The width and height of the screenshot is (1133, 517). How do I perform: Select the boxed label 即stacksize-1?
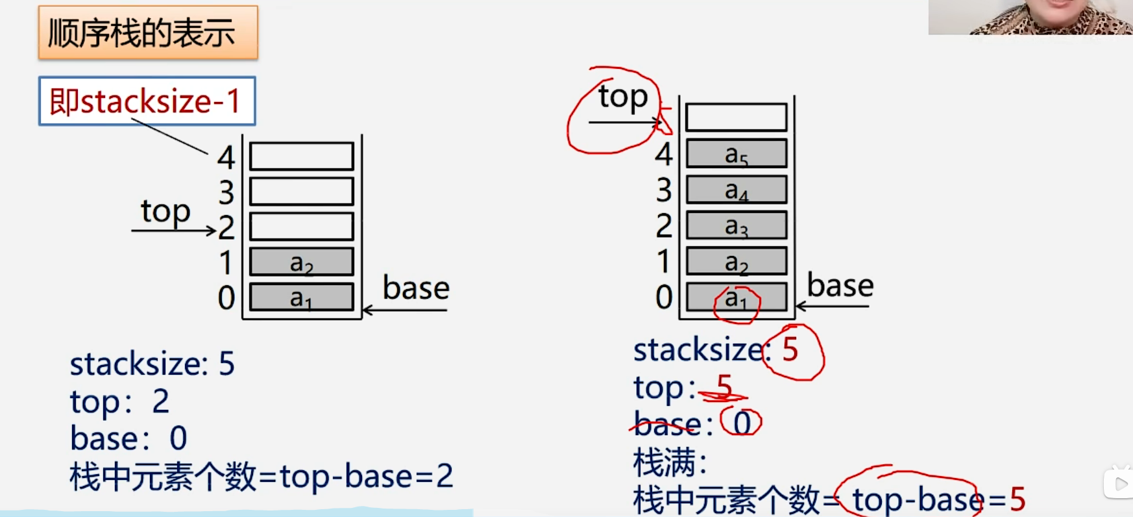(x=147, y=101)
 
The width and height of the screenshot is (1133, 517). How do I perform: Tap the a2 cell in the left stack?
(x=302, y=262)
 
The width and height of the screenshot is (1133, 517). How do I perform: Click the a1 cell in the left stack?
(x=302, y=297)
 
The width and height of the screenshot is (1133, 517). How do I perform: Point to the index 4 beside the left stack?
(x=226, y=157)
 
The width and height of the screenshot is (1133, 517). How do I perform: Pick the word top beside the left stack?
(x=165, y=212)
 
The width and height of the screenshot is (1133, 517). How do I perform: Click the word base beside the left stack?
(x=416, y=288)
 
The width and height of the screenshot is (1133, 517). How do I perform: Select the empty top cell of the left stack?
(x=302, y=157)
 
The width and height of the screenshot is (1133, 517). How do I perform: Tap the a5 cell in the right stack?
(x=737, y=154)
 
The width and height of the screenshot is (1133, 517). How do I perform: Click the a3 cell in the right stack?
(x=737, y=225)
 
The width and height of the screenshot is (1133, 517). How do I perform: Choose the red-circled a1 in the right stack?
(x=736, y=299)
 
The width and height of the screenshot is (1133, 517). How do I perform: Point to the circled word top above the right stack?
(x=622, y=97)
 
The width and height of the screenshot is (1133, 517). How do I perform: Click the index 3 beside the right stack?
(x=663, y=190)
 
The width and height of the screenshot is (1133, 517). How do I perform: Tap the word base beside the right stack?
(x=840, y=286)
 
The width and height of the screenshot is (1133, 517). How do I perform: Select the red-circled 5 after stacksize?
(x=790, y=349)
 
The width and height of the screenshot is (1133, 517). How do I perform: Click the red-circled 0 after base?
(x=742, y=423)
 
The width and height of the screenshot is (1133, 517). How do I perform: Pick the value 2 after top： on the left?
(x=160, y=401)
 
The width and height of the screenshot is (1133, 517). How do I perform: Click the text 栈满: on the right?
(x=669, y=462)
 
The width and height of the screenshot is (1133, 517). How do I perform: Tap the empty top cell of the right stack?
(x=737, y=118)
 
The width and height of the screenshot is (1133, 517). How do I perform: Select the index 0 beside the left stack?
(x=226, y=298)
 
